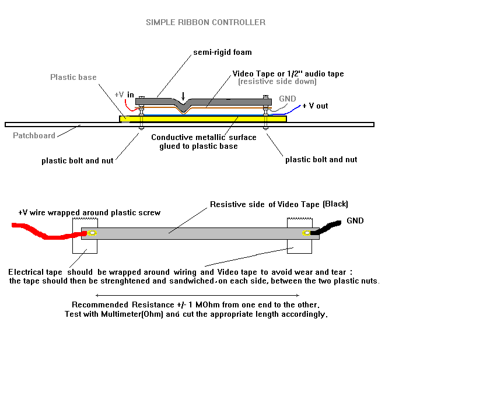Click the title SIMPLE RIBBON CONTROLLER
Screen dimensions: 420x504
pos(205,22)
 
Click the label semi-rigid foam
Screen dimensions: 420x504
pos(222,52)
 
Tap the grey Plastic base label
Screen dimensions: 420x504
pos(73,77)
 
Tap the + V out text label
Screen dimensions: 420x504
pos(315,106)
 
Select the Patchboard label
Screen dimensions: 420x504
pos(34,135)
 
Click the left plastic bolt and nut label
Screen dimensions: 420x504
pos(77,160)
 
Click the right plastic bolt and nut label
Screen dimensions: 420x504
pos(321,159)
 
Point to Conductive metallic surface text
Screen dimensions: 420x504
pos(204,138)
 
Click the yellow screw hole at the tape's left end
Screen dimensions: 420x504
pos(92,233)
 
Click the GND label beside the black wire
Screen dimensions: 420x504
pos(355,221)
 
